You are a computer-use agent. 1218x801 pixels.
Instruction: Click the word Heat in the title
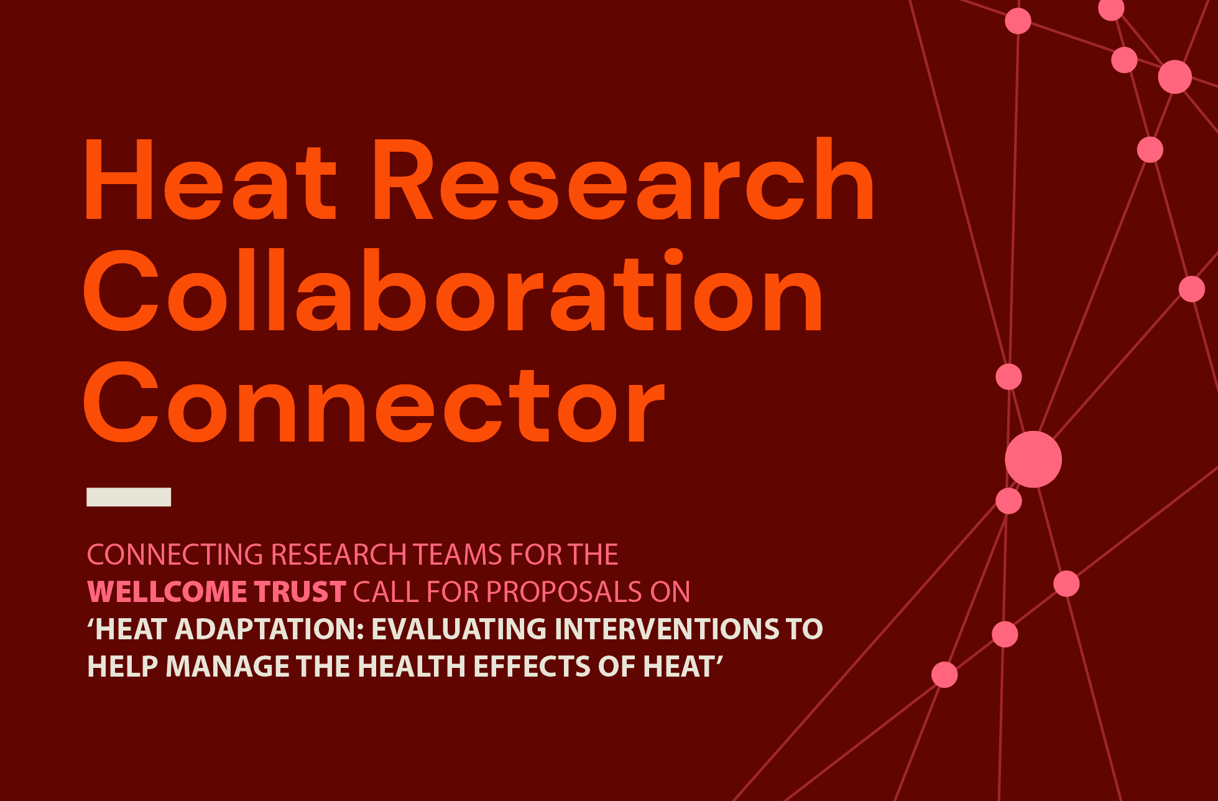(210, 180)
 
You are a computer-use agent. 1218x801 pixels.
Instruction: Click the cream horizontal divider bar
(129, 497)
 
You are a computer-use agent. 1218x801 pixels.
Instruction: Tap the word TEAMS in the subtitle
(458, 554)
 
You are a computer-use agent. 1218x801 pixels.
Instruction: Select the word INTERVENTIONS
(666, 629)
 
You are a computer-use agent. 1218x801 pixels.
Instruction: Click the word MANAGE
(228, 666)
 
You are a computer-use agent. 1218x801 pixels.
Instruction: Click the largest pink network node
(1033, 459)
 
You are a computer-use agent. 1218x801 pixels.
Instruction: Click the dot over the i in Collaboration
(673, 257)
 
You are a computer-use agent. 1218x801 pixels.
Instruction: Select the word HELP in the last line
(122, 666)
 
